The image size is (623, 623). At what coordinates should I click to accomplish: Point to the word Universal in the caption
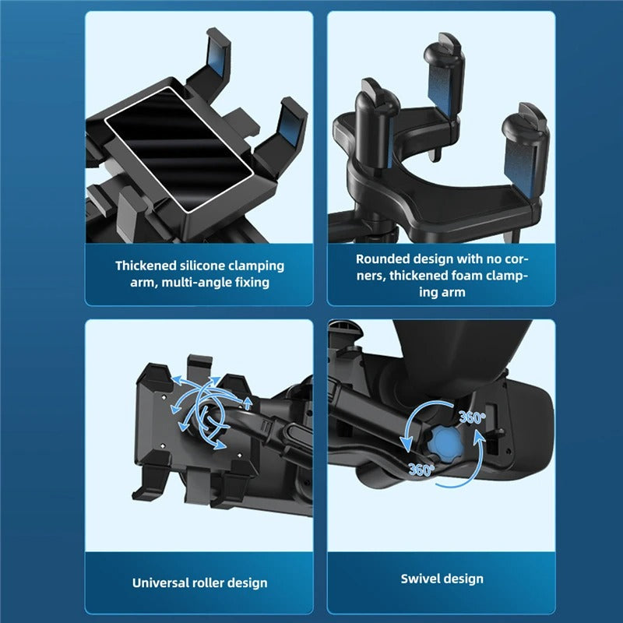(x=162, y=583)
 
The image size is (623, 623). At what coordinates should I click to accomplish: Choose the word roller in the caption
(x=213, y=583)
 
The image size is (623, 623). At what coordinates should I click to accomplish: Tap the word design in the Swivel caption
(x=464, y=579)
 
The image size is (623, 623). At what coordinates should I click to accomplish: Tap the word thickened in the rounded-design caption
(x=404, y=276)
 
